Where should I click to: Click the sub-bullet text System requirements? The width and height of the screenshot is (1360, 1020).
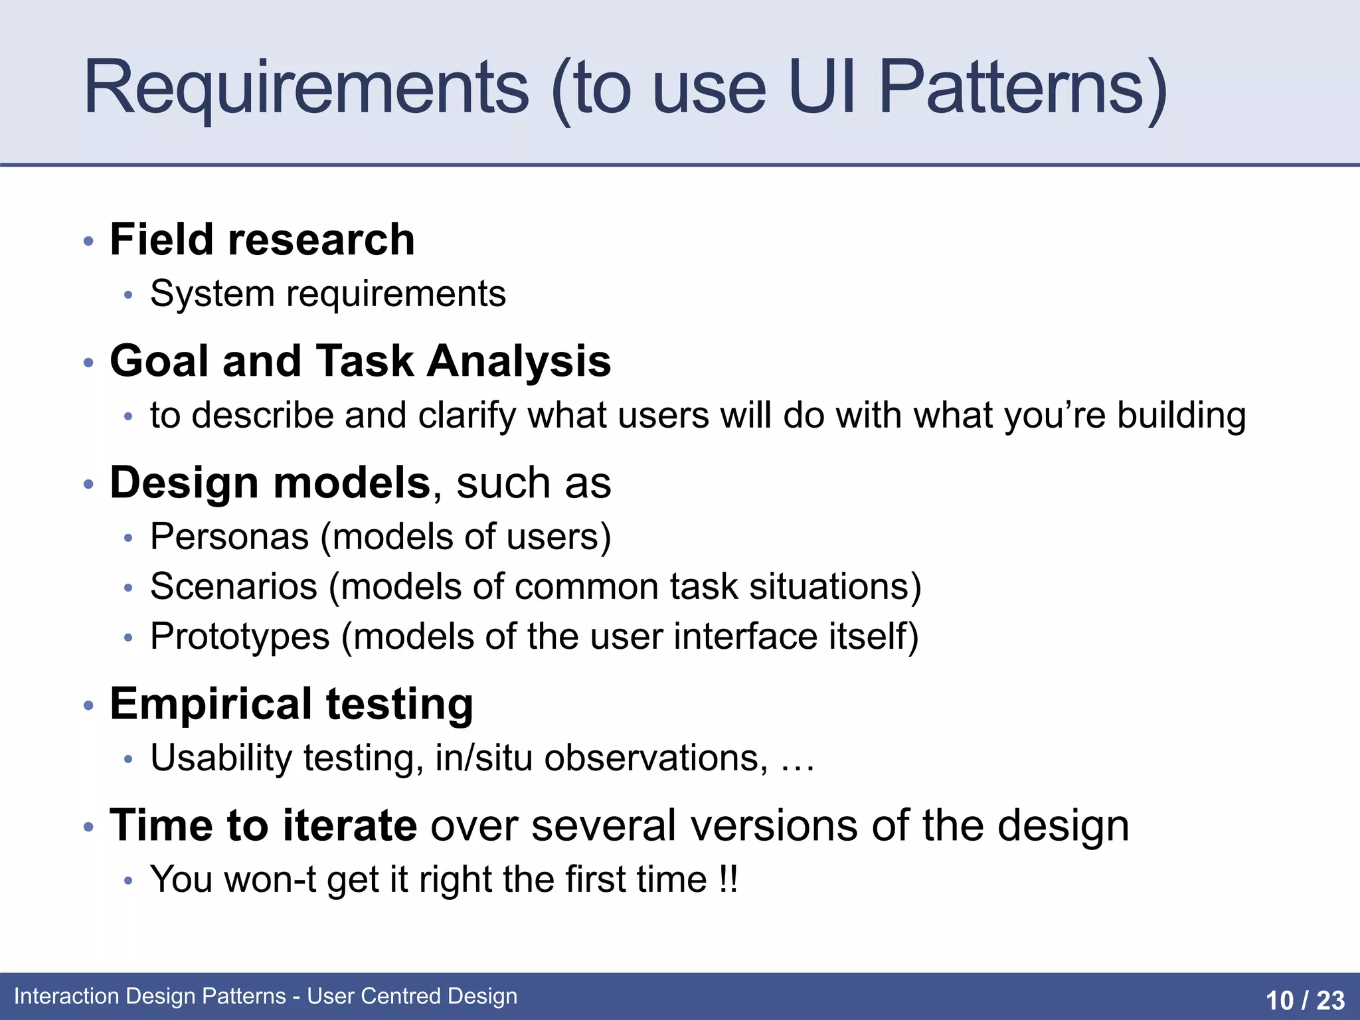(x=327, y=294)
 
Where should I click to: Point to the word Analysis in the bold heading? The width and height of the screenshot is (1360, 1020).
(x=519, y=361)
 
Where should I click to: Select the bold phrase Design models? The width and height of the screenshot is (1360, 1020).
(x=270, y=483)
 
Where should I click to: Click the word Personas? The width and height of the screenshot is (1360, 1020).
(x=229, y=537)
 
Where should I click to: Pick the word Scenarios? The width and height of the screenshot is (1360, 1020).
(x=234, y=587)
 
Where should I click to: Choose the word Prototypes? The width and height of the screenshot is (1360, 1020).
(x=240, y=637)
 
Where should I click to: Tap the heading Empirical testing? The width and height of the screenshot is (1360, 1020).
(x=292, y=704)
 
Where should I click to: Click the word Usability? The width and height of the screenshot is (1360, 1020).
(x=221, y=758)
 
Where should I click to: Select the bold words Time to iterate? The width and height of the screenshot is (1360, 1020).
(x=263, y=825)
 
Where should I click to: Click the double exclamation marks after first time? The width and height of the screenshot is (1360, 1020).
(x=728, y=880)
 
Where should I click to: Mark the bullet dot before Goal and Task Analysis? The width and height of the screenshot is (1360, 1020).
(x=88, y=363)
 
